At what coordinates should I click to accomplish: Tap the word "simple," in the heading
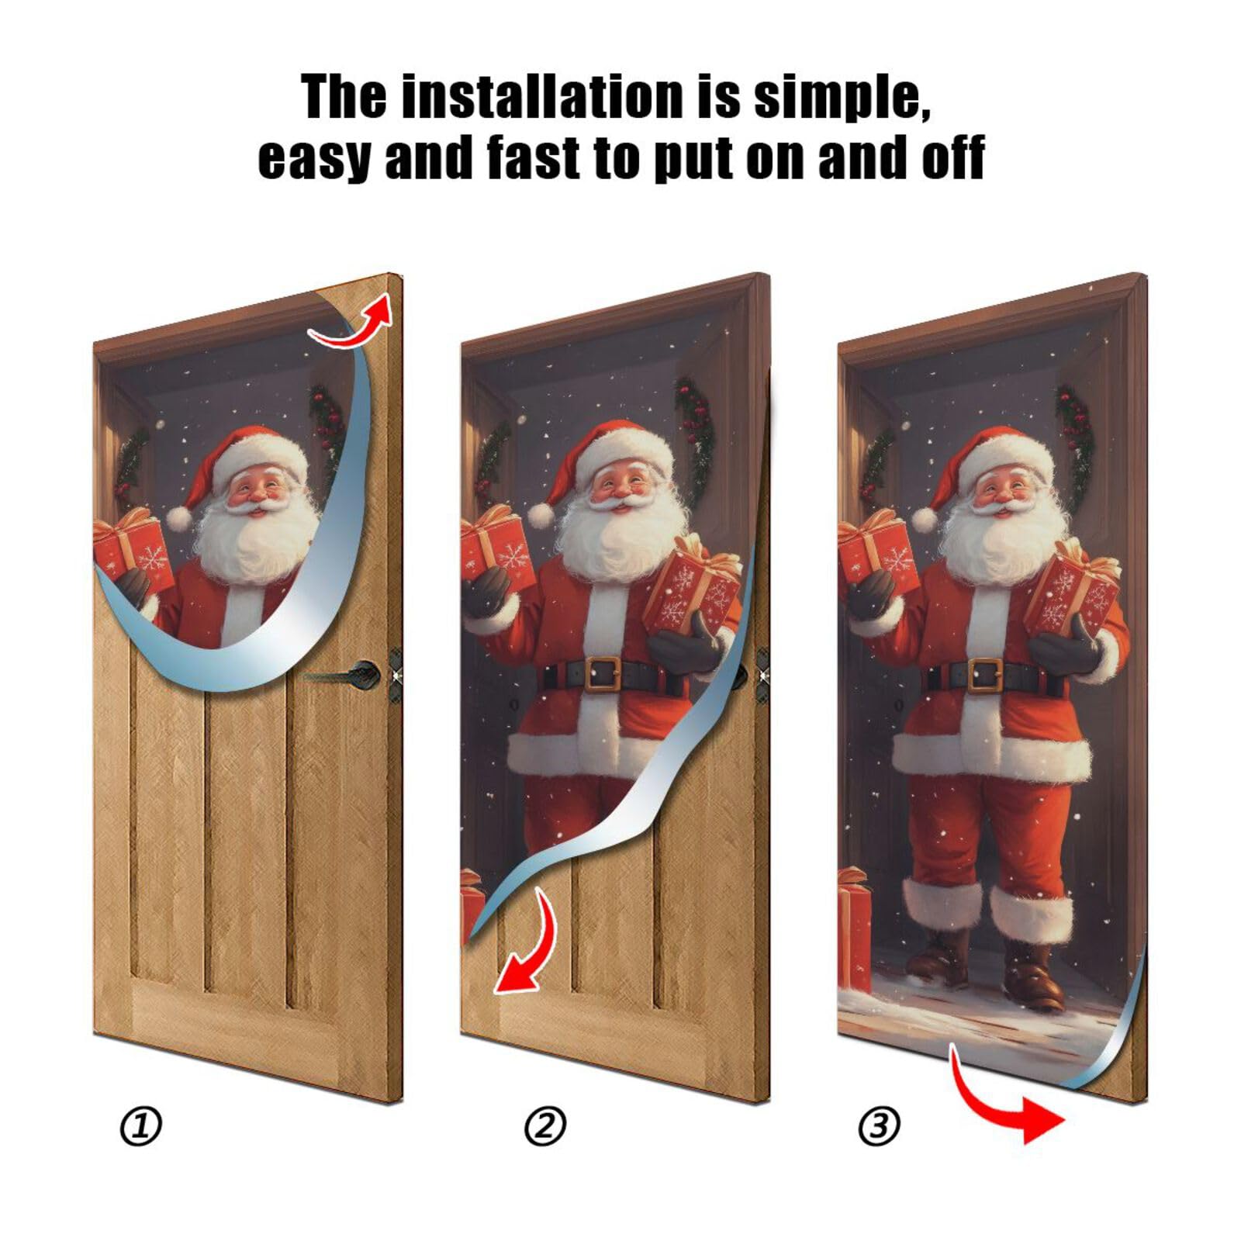pyautogui.click(x=842, y=98)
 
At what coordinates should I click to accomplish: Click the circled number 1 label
pyautogui.click(x=141, y=1126)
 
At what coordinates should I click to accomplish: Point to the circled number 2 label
pyautogui.click(x=546, y=1126)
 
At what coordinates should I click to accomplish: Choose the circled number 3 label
pyautogui.click(x=880, y=1126)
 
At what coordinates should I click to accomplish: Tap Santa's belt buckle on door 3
pyautogui.click(x=983, y=673)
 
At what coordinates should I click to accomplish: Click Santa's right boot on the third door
pyautogui.click(x=1033, y=971)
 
